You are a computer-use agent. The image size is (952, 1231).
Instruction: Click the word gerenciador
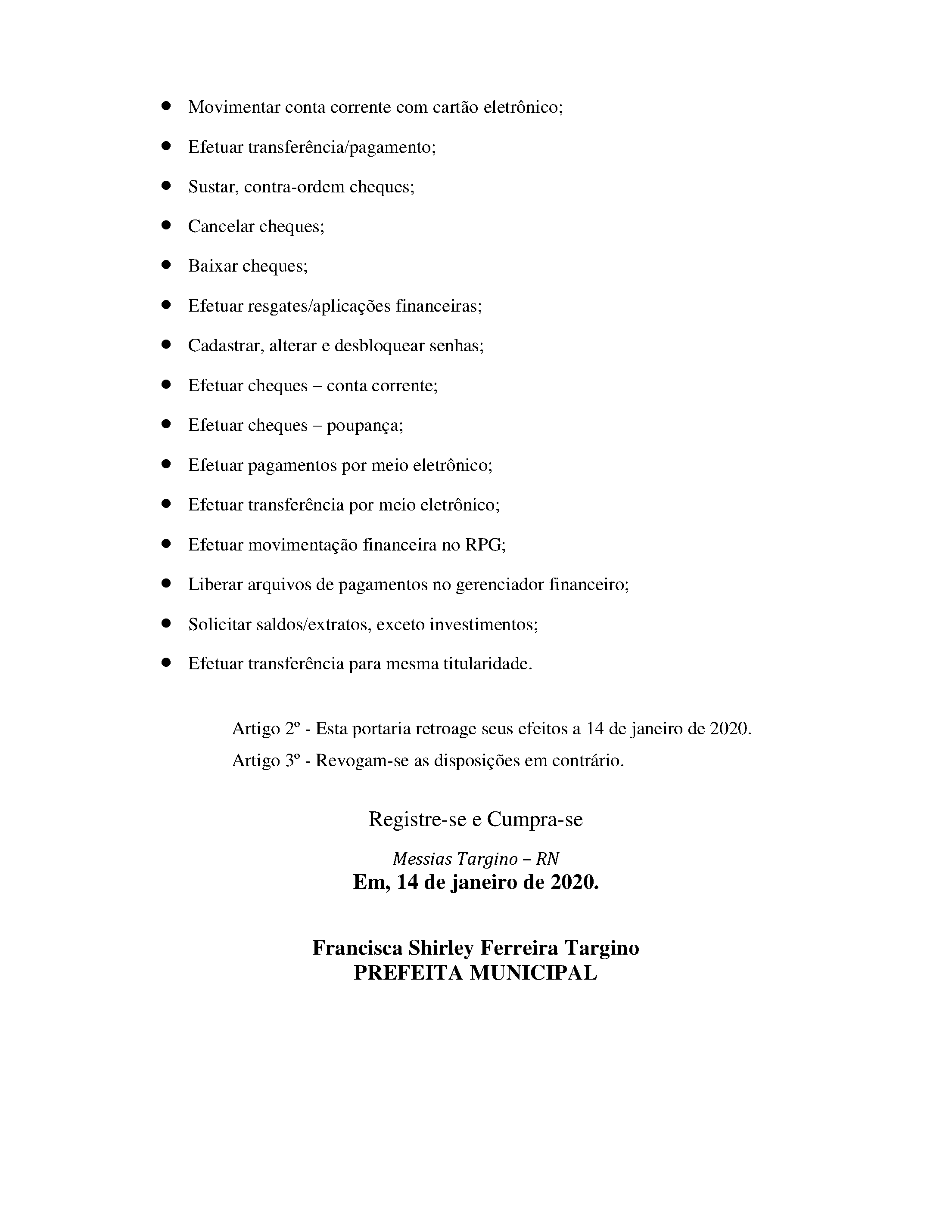coord(500,585)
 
